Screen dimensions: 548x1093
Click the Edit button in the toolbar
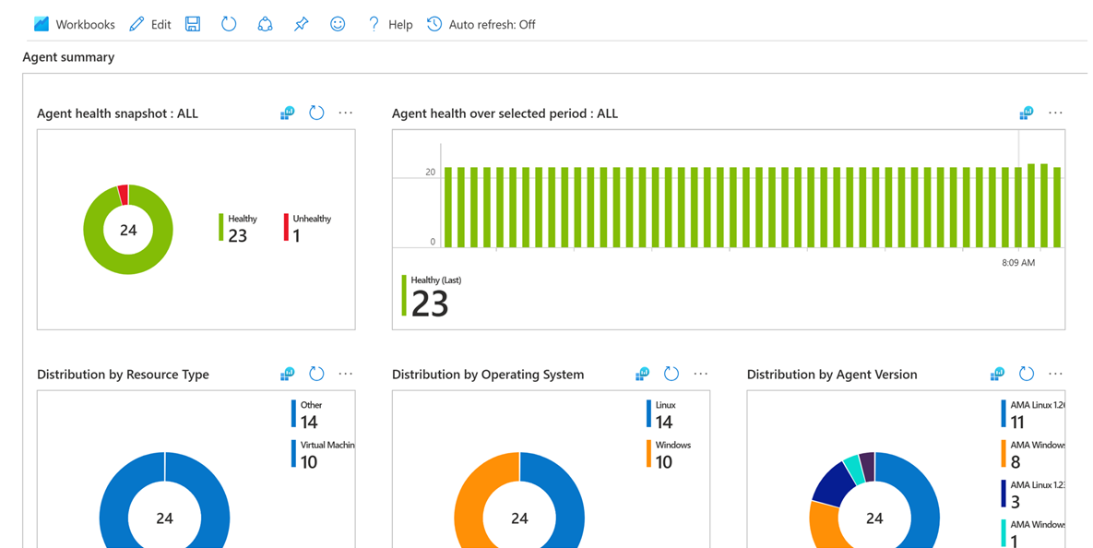(x=150, y=25)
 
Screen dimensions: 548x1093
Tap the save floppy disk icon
(x=193, y=25)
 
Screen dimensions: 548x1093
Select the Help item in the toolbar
(x=390, y=25)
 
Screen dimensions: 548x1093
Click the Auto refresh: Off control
(x=481, y=25)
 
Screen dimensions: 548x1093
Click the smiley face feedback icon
(x=338, y=25)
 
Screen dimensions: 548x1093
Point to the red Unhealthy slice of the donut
(x=123, y=195)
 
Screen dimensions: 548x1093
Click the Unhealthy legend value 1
(x=296, y=236)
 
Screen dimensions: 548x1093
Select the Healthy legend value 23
(x=237, y=235)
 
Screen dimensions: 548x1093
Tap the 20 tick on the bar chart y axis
(x=431, y=173)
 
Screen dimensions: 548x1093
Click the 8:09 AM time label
(x=1018, y=263)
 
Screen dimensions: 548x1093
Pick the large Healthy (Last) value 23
(x=430, y=304)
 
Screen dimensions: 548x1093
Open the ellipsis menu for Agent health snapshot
(x=346, y=113)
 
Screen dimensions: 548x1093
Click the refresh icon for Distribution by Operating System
(x=671, y=374)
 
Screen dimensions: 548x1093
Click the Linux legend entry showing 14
(x=664, y=414)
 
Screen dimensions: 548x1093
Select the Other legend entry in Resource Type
(x=310, y=414)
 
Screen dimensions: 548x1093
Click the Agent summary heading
(x=68, y=57)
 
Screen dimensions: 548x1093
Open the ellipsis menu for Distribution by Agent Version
(x=1056, y=374)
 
